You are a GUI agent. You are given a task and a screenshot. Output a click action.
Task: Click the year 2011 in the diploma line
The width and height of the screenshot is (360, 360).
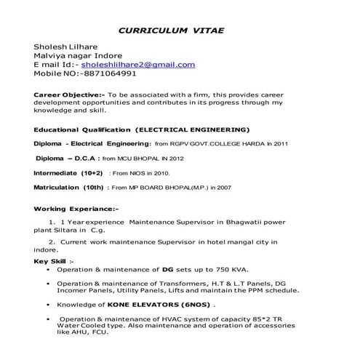(x=279, y=144)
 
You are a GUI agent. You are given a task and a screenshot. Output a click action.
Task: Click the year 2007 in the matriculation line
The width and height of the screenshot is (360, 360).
(x=222, y=188)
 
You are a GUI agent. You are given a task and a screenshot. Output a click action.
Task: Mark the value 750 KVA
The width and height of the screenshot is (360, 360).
(x=223, y=269)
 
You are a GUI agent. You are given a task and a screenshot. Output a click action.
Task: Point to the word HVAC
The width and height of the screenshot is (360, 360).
(x=149, y=319)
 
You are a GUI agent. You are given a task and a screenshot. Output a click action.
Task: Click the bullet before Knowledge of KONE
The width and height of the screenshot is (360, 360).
(x=47, y=304)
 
